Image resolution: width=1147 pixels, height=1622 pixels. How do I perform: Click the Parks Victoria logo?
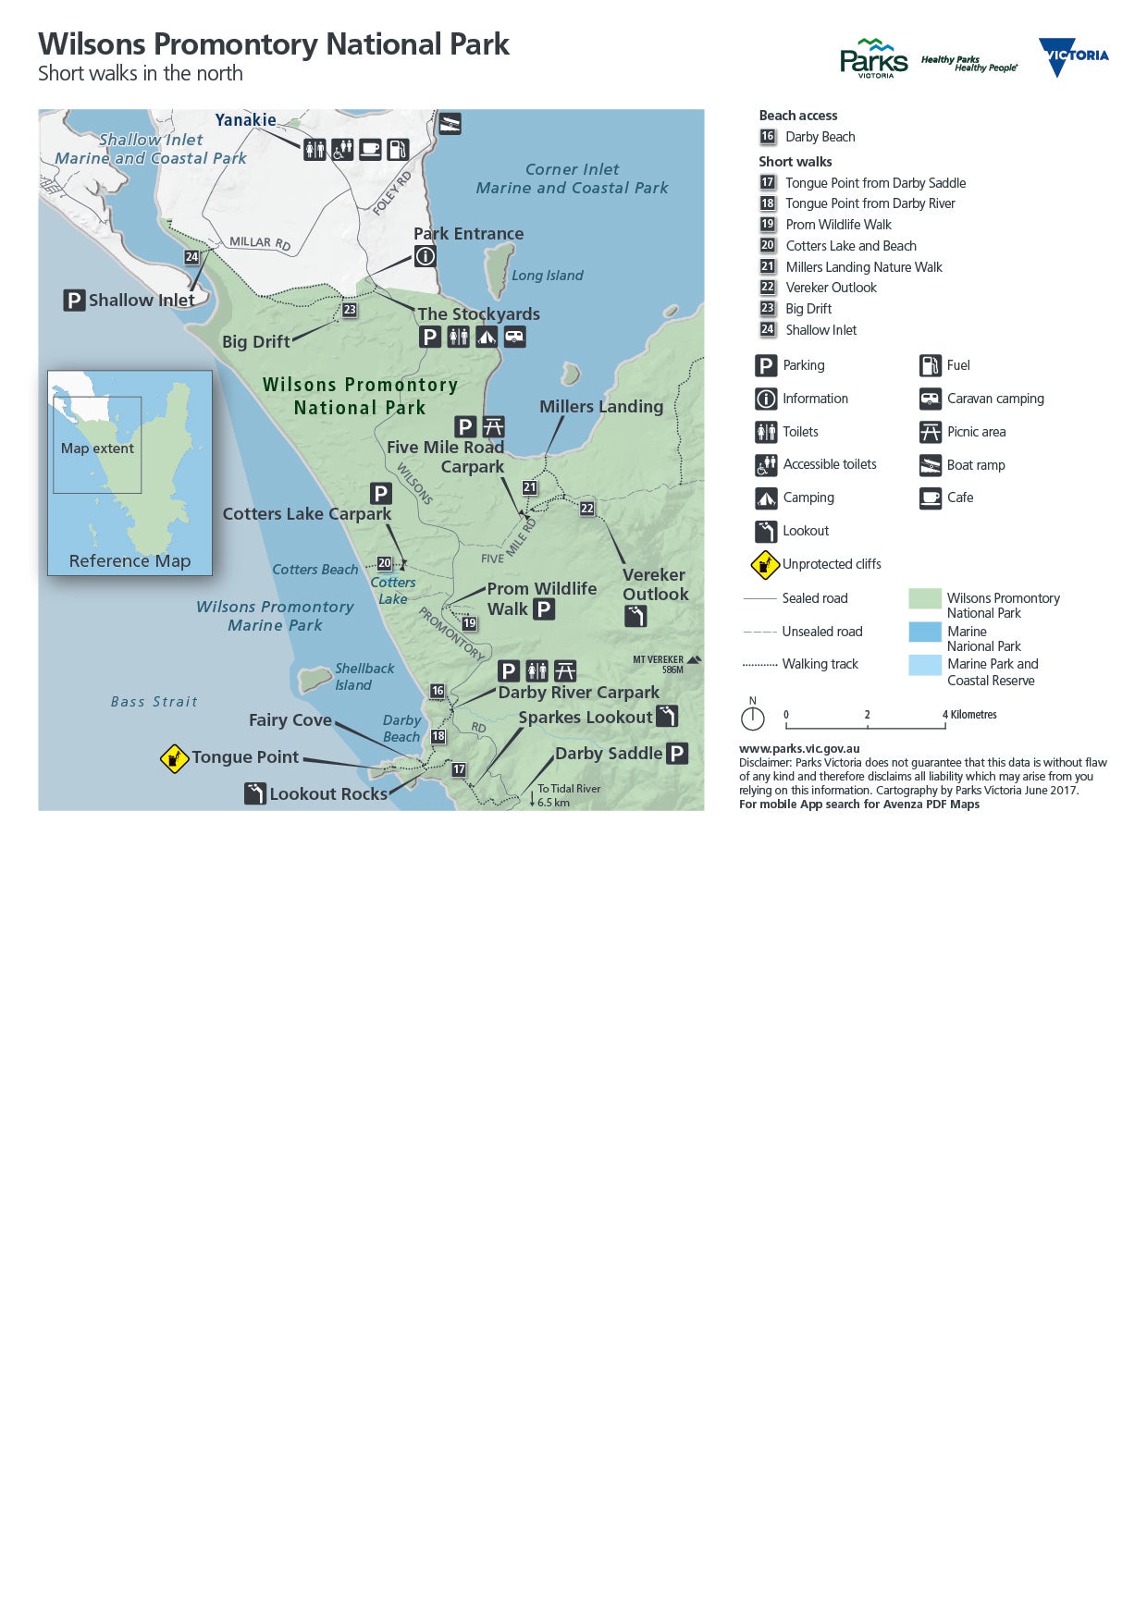tap(873, 58)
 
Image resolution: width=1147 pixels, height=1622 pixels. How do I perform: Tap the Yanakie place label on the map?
tap(245, 120)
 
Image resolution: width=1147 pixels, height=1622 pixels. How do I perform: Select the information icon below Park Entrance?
tap(425, 256)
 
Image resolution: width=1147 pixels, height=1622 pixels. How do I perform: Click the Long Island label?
tap(547, 276)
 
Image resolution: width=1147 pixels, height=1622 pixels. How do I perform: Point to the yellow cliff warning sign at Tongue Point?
tap(174, 758)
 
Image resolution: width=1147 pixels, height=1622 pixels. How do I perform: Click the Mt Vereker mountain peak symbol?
tap(694, 659)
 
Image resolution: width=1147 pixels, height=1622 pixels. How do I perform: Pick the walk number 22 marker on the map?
tap(587, 509)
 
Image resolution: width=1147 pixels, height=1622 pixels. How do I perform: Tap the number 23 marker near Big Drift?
tap(350, 310)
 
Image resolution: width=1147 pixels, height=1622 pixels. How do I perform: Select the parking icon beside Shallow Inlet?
tap(74, 301)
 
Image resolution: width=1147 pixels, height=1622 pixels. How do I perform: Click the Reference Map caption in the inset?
tap(129, 561)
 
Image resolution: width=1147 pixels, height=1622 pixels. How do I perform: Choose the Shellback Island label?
tap(364, 676)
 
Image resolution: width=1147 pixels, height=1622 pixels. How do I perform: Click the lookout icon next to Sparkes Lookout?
tap(667, 716)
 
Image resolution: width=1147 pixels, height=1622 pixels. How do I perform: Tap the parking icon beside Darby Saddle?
tap(677, 754)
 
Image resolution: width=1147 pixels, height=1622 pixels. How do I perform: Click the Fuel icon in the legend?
tap(930, 365)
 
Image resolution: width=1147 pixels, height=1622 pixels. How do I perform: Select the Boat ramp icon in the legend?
tap(930, 465)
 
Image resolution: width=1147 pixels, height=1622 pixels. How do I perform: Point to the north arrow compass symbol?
tap(753, 717)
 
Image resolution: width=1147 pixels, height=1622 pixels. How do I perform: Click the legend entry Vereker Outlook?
tap(831, 288)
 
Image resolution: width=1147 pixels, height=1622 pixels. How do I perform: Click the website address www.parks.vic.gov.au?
tap(799, 749)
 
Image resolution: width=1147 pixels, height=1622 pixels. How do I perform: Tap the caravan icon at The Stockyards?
tap(515, 337)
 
